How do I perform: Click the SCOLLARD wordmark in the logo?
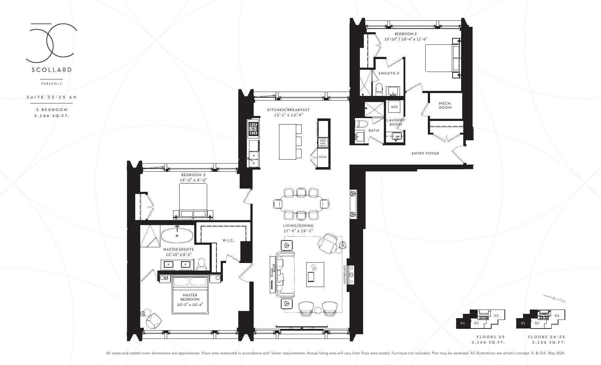pyautogui.click(x=52, y=70)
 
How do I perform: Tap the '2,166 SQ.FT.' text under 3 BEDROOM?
pyautogui.click(x=52, y=116)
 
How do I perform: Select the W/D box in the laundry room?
pyautogui.click(x=394, y=107)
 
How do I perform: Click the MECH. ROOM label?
pyautogui.click(x=445, y=105)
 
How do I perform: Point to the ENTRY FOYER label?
pyautogui.click(x=425, y=154)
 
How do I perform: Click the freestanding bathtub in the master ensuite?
pyautogui.click(x=177, y=235)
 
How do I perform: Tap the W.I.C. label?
pyautogui.click(x=228, y=240)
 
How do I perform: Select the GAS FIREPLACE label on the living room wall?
pyautogui.click(x=345, y=274)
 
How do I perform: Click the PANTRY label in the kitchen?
pyautogui.click(x=323, y=157)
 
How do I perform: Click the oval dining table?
pyautogui.click(x=301, y=204)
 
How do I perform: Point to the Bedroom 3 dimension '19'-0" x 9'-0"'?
pyautogui.click(x=194, y=180)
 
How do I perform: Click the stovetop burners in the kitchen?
pyautogui.click(x=253, y=129)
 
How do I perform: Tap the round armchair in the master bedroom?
pyautogui.click(x=154, y=321)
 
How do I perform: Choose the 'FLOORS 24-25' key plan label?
pyautogui.click(x=547, y=337)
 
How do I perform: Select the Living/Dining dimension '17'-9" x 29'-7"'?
pyautogui.click(x=298, y=231)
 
